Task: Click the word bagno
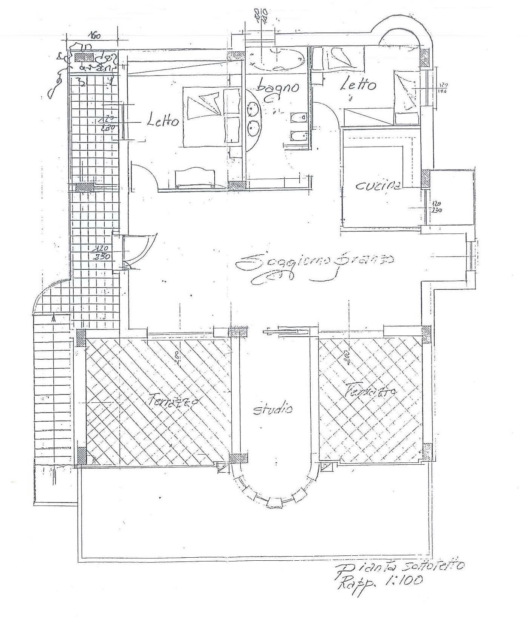click(277, 88)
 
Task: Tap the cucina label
click(378, 186)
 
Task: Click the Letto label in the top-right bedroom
click(358, 85)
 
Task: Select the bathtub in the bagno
click(278, 60)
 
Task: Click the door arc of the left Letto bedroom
click(146, 174)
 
